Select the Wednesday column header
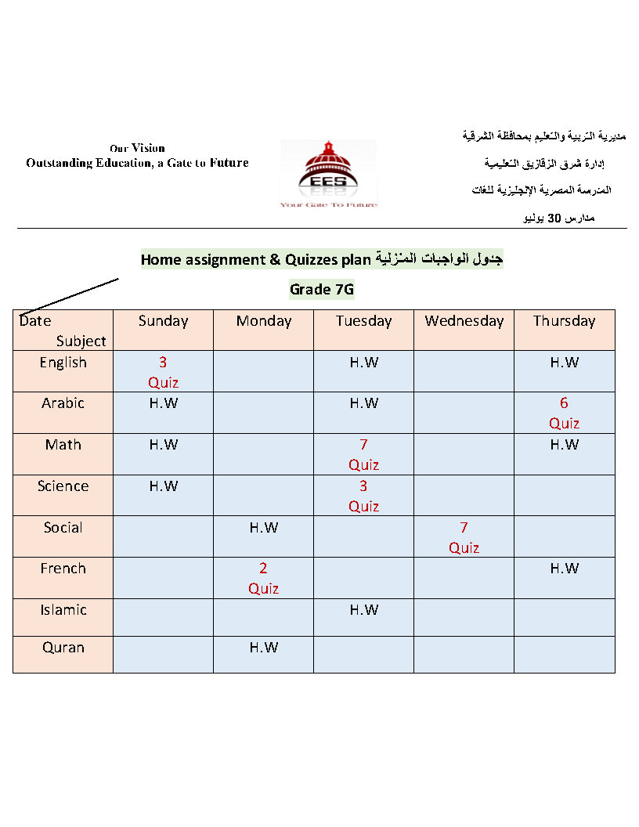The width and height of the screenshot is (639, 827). (464, 321)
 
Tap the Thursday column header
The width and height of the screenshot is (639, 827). (564, 321)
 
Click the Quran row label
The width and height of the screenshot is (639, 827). (63, 648)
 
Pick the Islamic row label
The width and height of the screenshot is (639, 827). (63, 610)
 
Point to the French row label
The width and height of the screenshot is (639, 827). (63, 569)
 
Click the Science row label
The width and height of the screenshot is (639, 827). (63, 486)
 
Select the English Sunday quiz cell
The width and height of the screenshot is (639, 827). (163, 373)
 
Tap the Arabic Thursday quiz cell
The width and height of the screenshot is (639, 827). (564, 413)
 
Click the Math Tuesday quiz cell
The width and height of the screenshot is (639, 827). (363, 455)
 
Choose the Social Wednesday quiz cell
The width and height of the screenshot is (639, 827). (464, 538)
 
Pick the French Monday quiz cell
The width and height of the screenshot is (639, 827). (263, 579)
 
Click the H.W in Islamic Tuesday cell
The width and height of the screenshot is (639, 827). (363, 610)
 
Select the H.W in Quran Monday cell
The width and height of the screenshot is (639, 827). (263, 648)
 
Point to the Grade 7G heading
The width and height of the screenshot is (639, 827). (322, 290)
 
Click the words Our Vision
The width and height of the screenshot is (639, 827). (137, 148)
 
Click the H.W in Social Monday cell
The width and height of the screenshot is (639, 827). (263, 528)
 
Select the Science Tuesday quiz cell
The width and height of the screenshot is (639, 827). (363, 497)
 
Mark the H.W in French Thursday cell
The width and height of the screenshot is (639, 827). (564, 569)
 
